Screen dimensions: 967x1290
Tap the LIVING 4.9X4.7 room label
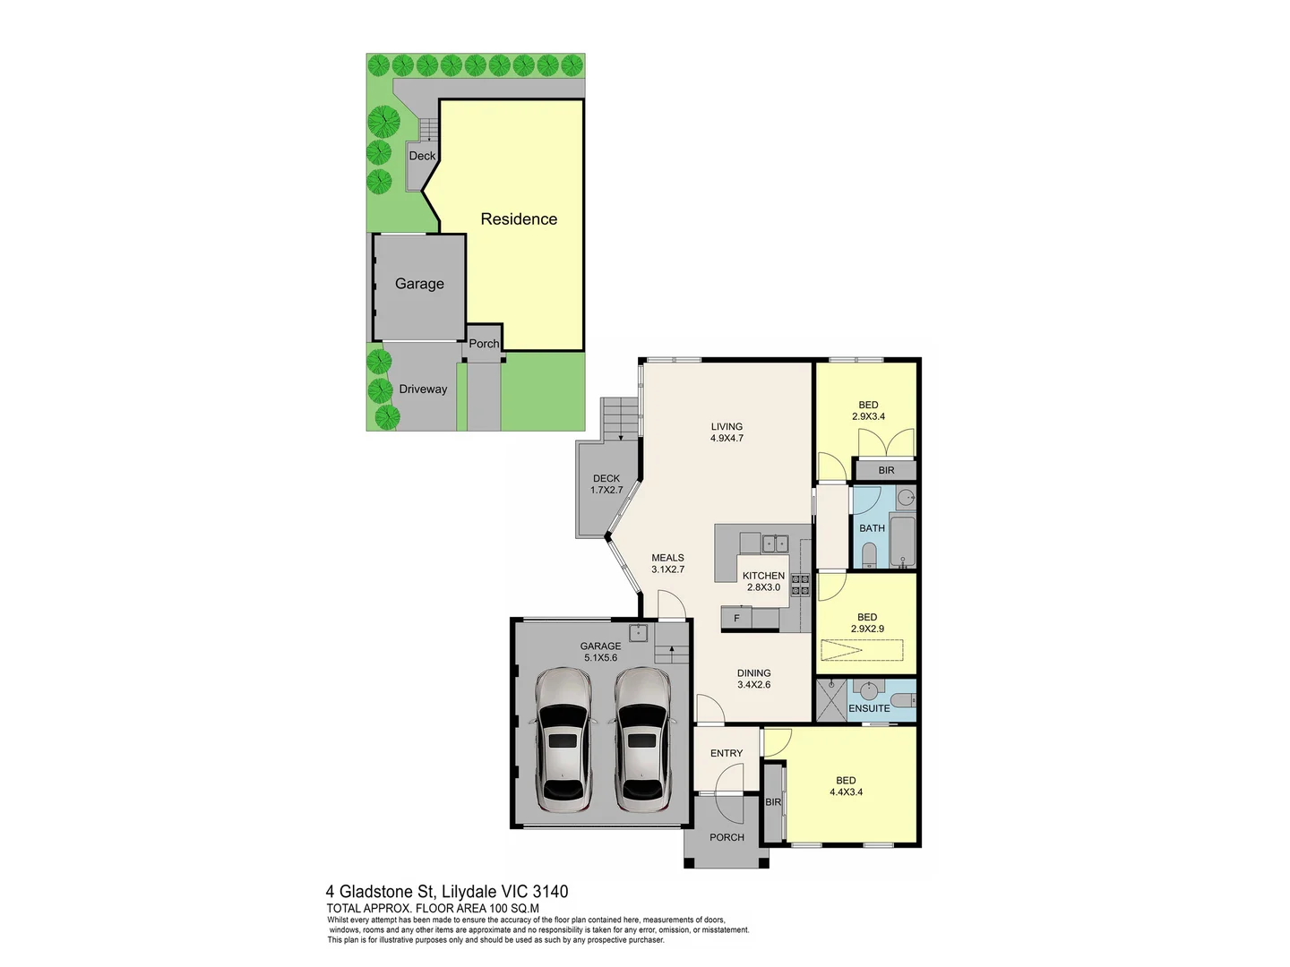[727, 432]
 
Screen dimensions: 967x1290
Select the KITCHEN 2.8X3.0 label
[763, 581]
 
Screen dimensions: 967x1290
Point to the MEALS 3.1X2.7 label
[667, 563]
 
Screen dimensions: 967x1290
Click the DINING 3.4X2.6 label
[753, 679]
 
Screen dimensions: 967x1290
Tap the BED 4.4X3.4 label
[846, 786]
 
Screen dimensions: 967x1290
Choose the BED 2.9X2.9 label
[866, 622]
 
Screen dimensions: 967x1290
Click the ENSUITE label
[869, 708]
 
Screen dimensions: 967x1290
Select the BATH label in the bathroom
[872, 528]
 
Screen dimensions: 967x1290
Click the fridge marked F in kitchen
[737, 619]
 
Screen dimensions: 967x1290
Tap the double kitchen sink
[774, 543]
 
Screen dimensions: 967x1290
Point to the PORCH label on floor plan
[727, 837]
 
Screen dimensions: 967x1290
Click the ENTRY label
[727, 753]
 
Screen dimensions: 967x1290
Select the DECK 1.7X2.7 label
[606, 484]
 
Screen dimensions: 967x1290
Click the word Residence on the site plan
[519, 219]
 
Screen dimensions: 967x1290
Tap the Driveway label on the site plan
[423, 389]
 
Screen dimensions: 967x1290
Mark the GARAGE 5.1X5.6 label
[600, 651]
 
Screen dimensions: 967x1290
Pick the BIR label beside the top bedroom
[886, 470]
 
